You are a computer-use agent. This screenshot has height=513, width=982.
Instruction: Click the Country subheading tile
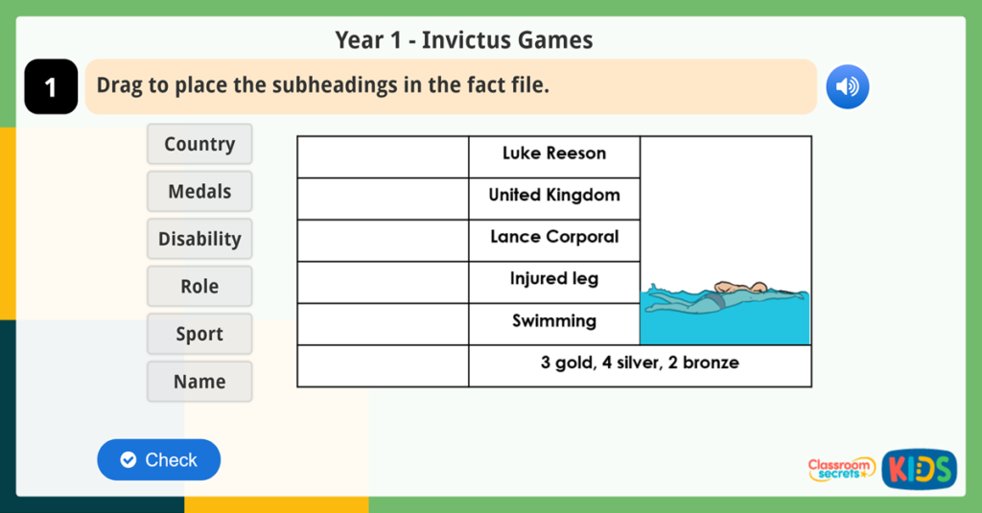pos(199,144)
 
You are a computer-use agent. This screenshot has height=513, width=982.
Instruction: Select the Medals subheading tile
pos(199,192)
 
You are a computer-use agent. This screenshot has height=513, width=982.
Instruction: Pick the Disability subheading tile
pos(199,239)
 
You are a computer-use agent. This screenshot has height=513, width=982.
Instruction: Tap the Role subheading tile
pos(199,287)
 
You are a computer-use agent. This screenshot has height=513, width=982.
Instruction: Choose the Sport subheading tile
pos(199,334)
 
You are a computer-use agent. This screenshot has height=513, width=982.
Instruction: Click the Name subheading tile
pos(199,382)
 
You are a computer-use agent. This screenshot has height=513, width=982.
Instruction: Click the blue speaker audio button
pos(847,87)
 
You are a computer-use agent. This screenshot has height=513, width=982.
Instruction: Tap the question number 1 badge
pos(51,87)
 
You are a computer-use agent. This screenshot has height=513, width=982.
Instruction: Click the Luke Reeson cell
pos(554,156)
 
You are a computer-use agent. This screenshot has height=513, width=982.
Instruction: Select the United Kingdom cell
pos(554,198)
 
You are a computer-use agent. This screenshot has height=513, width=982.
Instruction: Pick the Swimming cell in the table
pos(554,324)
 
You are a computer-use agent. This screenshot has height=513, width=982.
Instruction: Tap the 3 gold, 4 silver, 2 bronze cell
pos(640,366)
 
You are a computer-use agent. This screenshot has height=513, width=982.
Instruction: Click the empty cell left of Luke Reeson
pos(383,156)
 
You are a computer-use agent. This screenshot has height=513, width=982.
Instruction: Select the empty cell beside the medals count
pos(383,366)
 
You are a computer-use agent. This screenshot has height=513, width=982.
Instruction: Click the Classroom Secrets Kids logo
pos(882,469)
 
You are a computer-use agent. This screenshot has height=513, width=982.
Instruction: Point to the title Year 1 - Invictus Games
pos(464,40)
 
